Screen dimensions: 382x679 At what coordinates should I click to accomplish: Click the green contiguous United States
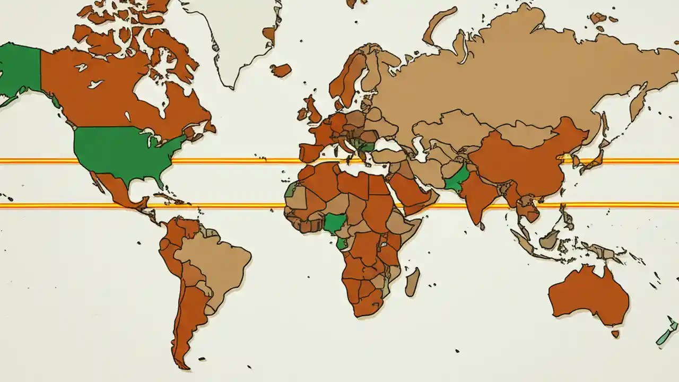[122, 151]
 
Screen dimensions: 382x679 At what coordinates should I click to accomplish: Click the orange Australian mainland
[589, 294]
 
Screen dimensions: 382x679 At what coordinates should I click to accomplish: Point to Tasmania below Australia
[615, 334]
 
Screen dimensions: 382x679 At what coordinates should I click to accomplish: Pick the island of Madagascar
[412, 282]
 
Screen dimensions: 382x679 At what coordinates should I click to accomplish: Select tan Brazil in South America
[217, 260]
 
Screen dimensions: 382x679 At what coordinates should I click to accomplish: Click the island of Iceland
[281, 70]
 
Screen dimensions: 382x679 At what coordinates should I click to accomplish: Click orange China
[525, 159]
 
